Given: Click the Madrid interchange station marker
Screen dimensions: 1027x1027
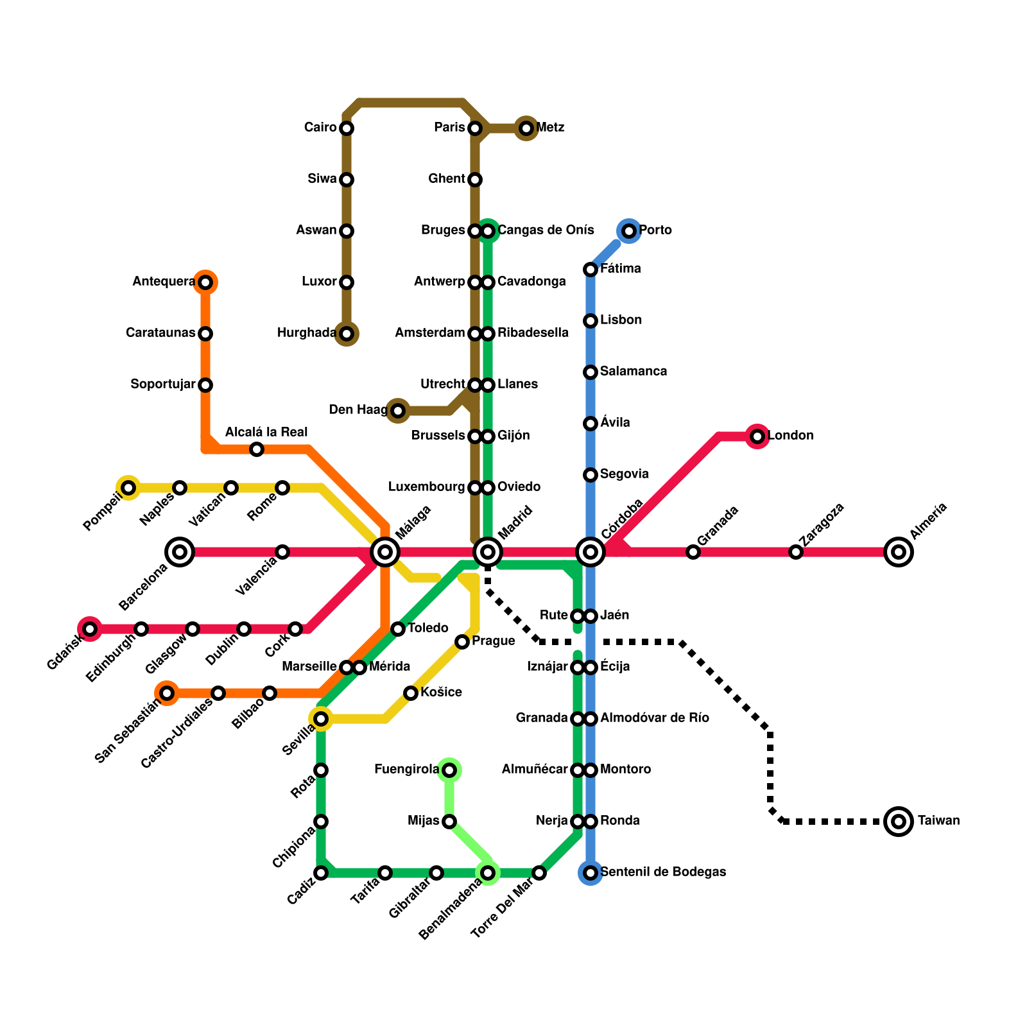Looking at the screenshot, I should (x=488, y=551).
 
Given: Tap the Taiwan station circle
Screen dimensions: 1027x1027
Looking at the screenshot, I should (x=899, y=821).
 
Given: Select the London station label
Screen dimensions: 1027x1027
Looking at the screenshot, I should (x=791, y=436).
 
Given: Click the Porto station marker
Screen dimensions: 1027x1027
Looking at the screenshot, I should (x=629, y=230).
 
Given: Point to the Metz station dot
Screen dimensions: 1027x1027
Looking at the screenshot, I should (x=526, y=128).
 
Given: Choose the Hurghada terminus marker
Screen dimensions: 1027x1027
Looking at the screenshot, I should (x=347, y=334).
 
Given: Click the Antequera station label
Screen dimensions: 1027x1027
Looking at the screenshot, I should (x=164, y=282).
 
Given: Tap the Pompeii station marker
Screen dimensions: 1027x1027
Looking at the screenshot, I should (x=128, y=488).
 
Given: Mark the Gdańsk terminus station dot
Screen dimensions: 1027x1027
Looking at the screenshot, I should (x=90, y=629).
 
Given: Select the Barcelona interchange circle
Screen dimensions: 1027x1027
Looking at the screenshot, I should (x=180, y=551).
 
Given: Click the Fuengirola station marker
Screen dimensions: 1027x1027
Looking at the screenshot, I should (x=449, y=770).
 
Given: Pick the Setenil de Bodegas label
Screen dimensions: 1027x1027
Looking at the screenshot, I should (x=663, y=872).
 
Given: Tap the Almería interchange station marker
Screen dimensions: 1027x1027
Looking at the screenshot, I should (x=899, y=551).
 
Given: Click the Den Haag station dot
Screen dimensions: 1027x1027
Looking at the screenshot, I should (x=398, y=410).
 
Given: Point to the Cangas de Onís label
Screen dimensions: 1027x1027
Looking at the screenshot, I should (x=546, y=230).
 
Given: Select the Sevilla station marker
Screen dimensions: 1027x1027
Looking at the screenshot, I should (x=321, y=719).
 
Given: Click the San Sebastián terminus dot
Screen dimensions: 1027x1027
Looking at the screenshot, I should (x=167, y=693).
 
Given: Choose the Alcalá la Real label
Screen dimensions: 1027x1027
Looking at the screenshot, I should (x=266, y=433).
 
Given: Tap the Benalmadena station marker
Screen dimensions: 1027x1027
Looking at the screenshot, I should (x=488, y=873).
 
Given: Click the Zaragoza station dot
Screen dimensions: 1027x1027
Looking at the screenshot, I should (x=796, y=552).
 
